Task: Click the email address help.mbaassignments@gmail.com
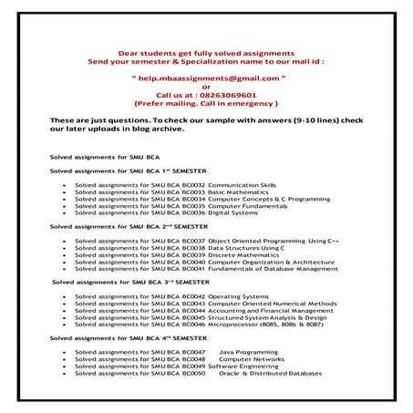click(206, 78)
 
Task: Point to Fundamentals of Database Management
click(273, 268)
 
